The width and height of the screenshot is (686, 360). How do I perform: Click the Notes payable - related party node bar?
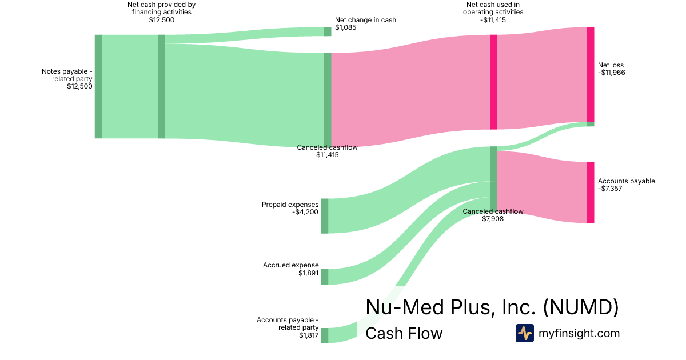pos(98,86)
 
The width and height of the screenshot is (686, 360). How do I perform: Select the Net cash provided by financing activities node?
pos(162,86)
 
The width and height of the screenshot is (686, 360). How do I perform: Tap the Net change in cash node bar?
pos(328,31)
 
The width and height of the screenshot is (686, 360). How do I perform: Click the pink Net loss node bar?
pos(591,74)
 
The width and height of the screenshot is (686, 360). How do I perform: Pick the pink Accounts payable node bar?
pos(591,193)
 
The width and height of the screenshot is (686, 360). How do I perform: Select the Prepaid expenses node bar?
pos(325,216)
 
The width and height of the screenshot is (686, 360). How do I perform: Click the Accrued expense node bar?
pos(325,277)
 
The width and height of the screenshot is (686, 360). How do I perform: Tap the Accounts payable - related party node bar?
pos(325,335)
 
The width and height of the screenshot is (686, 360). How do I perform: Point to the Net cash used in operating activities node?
pos(493,82)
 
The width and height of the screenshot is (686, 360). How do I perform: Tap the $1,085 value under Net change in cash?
pos(346,27)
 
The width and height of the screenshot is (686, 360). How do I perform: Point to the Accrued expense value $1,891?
pos(309,273)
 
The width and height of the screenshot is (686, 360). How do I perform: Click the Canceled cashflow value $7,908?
pos(493,219)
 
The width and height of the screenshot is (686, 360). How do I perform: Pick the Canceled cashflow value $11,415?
pos(328,155)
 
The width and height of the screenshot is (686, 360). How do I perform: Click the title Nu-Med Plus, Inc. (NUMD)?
pos(492,307)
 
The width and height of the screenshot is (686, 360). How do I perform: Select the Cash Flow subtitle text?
pos(404,334)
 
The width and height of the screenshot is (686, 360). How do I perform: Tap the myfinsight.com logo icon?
pos(524,333)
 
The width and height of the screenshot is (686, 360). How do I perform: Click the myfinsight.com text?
pos(579,333)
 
